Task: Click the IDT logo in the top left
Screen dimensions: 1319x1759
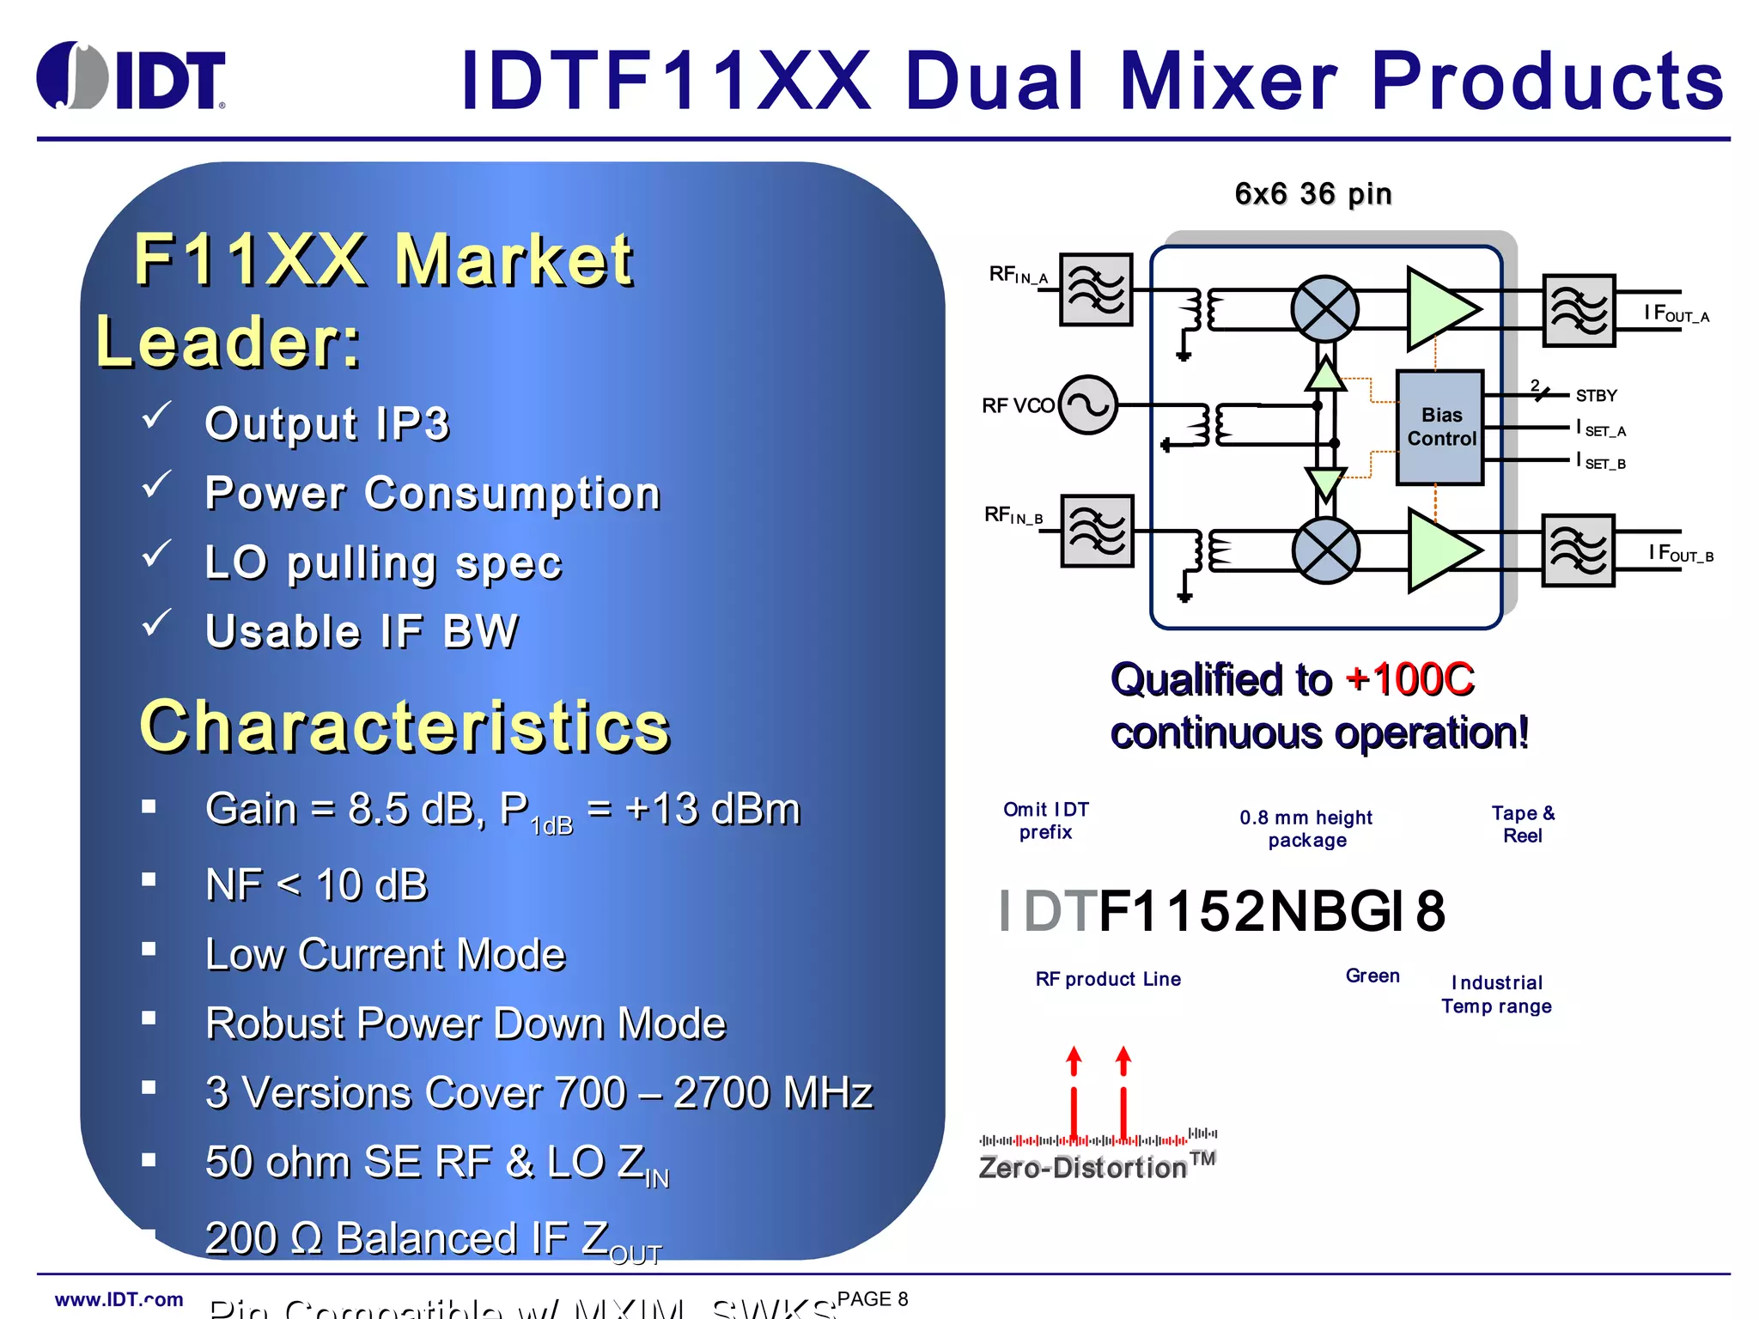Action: point(131,77)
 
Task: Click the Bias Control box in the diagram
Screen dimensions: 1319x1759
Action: point(1440,427)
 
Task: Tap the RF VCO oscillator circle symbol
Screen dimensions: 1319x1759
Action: point(1087,404)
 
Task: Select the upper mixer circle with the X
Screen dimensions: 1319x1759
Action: point(1324,308)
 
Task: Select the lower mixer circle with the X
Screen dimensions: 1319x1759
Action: point(1325,550)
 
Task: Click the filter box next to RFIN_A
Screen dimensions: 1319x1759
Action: point(1095,289)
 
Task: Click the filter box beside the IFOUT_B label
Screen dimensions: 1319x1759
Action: point(1578,550)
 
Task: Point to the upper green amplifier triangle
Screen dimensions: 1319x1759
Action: point(1439,308)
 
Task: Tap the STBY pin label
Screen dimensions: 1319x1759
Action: point(1596,396)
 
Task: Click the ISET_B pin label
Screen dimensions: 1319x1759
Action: point(1600,462)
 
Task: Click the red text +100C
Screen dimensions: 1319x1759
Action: point(1409,679)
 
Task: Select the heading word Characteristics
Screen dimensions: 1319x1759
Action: point(404,726)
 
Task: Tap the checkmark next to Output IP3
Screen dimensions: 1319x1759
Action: point(156,416)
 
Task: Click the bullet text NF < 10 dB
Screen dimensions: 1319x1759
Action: point(316,884)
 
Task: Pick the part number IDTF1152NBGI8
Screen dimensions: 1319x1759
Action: point(1222,911)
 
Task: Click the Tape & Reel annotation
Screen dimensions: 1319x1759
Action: point(1522,824)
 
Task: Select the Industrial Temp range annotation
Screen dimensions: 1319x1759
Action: point(1496,994)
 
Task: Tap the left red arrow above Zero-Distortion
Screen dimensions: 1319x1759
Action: point(1073,1091)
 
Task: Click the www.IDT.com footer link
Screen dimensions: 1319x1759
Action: point(119,1299)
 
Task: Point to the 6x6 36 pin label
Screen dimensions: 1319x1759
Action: point(1312,194)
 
